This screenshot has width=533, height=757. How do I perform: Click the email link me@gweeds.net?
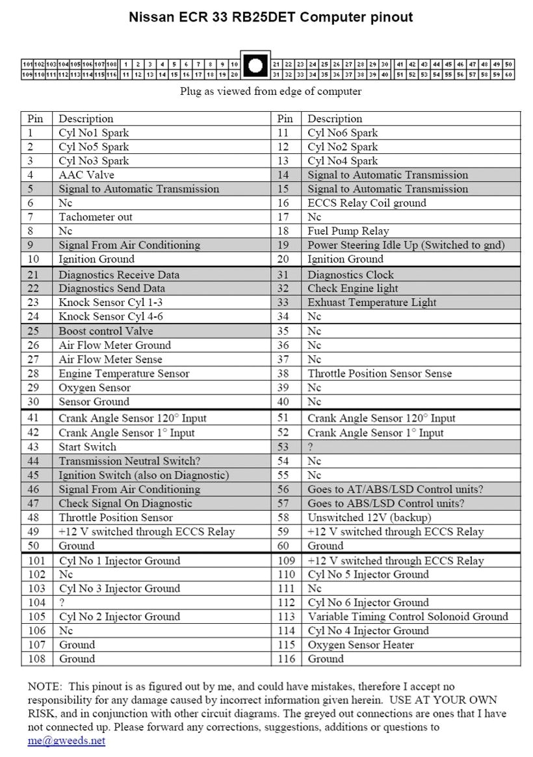click(66, 741)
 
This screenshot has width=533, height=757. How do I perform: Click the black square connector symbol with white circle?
click(256, 65)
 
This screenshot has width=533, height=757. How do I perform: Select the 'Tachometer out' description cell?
click(96, 217)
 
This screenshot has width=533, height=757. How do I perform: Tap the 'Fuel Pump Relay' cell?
click(348, 231)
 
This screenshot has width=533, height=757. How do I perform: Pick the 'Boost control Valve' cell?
click(106, 331)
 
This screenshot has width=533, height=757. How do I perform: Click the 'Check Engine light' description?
click(352, 289)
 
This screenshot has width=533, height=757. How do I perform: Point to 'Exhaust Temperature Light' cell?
click(372, 302)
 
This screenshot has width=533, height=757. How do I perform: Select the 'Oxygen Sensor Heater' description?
click(361, 645)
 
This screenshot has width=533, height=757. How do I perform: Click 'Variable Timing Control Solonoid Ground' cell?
click(408, 617)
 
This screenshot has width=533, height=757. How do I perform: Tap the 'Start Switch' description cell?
click(88, 447)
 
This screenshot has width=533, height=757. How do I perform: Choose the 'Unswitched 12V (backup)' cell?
click(369, 518)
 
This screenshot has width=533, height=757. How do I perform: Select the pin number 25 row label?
click(33, 331)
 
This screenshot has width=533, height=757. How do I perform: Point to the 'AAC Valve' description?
click(86, 175)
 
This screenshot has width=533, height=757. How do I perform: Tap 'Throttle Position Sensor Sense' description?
click(380, 374)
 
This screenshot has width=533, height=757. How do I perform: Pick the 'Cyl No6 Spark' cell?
click(343, 133)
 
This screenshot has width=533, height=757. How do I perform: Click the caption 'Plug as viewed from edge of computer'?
click(270, 92)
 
